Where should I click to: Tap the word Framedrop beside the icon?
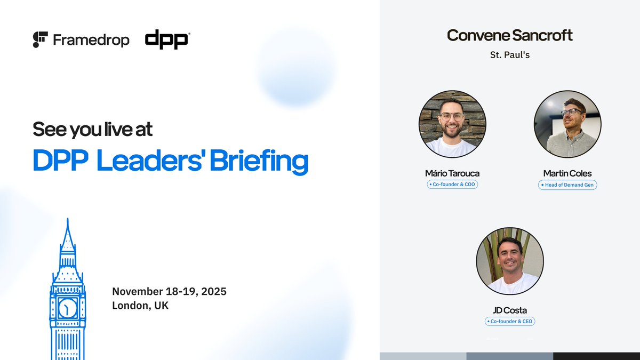(91, 40)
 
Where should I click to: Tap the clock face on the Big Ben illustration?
(68, 307)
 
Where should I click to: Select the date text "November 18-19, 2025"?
(169, 292)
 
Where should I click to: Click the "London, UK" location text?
(140, 306)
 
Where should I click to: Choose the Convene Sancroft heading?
(509, 36)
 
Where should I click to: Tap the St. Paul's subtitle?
(509, 54)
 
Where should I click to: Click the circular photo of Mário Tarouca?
(452, 124)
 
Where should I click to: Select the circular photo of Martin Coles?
(567, 124)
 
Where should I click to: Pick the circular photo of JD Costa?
(510, 261)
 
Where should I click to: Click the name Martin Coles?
(567, 173)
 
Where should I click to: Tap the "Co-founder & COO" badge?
(452, 185)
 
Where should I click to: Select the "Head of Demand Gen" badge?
(567, 185)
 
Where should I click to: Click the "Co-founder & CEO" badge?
(510, 321)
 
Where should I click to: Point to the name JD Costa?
(510, 310)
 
